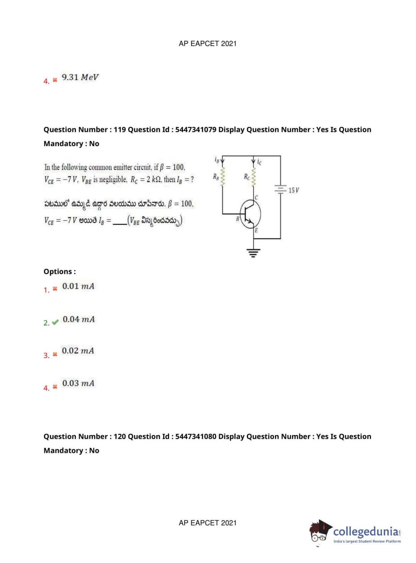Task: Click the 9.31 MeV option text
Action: point(80,77)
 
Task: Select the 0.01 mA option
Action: point(78,286)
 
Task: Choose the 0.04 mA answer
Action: point(79,319)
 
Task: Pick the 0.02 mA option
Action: point(78,351)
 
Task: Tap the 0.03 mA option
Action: point(78,383)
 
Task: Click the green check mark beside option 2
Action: point(55,322)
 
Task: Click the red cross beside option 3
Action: point(55,355)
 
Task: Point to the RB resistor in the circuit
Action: point(223,176)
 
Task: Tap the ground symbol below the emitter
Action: point(254,252)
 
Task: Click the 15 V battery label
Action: point(293,190)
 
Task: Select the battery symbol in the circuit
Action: point(281,189)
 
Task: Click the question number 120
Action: point(120,436)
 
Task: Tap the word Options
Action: point(59,272)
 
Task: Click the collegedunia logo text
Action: point(366,531)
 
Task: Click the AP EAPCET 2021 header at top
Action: point(207,44)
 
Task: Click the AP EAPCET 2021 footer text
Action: point(207,523)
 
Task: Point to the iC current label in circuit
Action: point(259,162)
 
